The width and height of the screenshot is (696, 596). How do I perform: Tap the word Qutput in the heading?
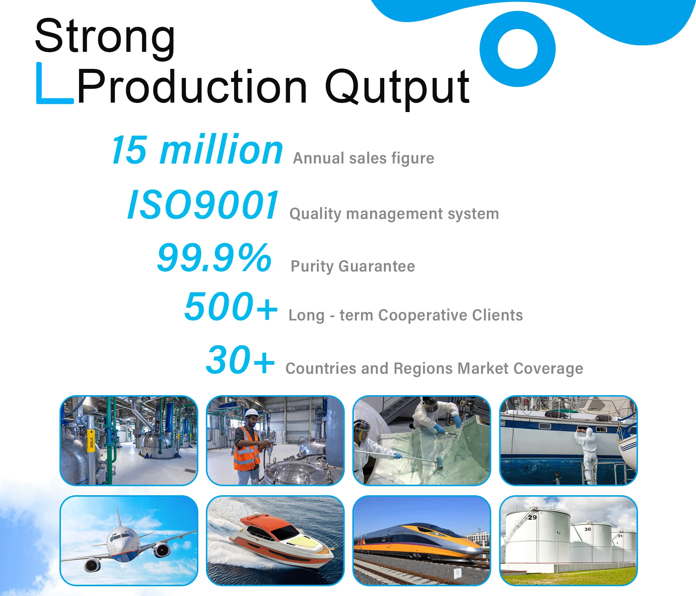[x=397, y=88]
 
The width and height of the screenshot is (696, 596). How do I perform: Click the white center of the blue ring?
[x=517, y=49]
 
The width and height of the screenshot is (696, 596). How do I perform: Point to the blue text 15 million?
[x=197, y=149]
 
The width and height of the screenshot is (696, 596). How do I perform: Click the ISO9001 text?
[x=203, y=205]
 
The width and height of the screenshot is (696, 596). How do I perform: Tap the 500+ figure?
[x=231, y=307]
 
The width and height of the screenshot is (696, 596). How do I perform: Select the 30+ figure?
[x=240, y=360]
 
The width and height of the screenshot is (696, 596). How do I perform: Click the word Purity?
[x=312, y=266]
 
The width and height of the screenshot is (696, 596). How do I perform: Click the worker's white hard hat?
[x=251, y=413]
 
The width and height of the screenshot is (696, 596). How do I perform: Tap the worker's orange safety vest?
[x=246, y=450]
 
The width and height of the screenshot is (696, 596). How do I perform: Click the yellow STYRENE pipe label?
[x=91, y=441]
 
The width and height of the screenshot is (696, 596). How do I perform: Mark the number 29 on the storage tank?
[x=532, y=517]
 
